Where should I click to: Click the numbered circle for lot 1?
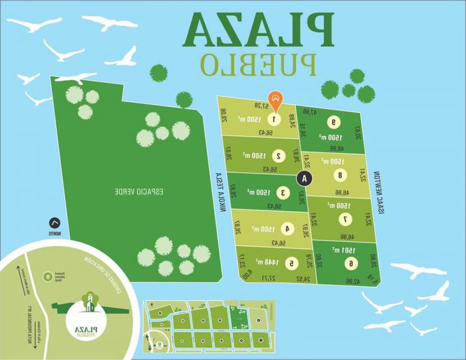[x=275, y=119]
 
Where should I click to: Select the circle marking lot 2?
[x=278, y=156]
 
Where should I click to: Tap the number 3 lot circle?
[x=283, y=192]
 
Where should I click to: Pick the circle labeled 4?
[x=287, y=229]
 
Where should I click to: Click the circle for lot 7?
[x=345, y=219]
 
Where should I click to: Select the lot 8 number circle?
[x=340, y=175]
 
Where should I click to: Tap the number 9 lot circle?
[x=333, y=122]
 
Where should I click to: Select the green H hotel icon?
[x=48, y=276]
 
